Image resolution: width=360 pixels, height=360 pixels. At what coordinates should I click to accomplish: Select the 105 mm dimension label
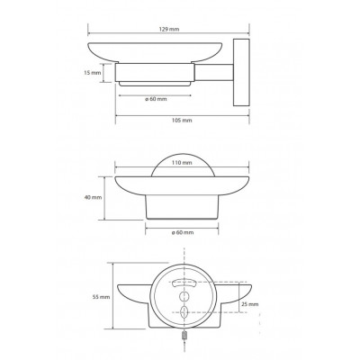(183, 121)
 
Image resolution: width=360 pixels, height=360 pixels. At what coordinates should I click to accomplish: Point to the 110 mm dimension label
(183, 163)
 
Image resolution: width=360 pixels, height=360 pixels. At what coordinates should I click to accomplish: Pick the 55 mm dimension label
(101, 297)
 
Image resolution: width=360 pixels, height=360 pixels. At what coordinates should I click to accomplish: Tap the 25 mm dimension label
(250, 304)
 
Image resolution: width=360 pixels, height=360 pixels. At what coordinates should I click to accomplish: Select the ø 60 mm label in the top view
(156, 99)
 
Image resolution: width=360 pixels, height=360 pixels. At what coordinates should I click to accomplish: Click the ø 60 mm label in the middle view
(183, 232)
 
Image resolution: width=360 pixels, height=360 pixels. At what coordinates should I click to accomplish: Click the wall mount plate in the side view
(241, 72)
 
